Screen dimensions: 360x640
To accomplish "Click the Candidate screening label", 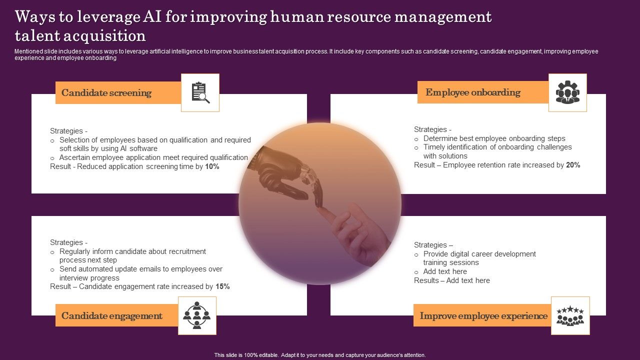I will pyautogui.click(x=106, y=93).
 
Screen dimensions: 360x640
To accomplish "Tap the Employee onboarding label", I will pyautogui.click(x=473, y=92).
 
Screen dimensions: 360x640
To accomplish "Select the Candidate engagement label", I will pyautogui.click(x=112, y=316).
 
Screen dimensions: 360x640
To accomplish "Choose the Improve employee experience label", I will pyautogui.click(x=483, y=316).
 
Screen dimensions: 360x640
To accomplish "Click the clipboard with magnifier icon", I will pyautogui.click(x=200, y=92).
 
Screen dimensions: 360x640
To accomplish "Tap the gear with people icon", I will pyautogui.click(x=567, y=92).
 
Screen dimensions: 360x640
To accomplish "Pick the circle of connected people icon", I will pyautogui.click(x=197, y=315).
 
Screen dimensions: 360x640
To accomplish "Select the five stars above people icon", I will pyautogui.click(x=570, y=315).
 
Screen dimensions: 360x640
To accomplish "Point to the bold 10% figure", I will pyautogui.click(x=212, y=166).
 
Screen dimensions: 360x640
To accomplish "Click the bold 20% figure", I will pyautogui.click(x=573, y=165).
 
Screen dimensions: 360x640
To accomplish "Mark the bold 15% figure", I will pyautogui.click(x=222, y=287).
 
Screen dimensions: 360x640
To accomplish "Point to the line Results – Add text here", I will pyautogui.click(x=451, y=280).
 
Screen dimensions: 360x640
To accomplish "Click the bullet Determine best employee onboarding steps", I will pyautogui.click(x=494, y=138).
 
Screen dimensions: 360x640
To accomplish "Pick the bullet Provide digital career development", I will pyautogui.click(x=479, y=254).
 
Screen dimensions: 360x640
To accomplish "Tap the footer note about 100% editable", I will pyautogui.click(x=320, y=355).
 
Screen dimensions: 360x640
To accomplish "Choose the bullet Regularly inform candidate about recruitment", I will pyautogui.click(x=132, y=251).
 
